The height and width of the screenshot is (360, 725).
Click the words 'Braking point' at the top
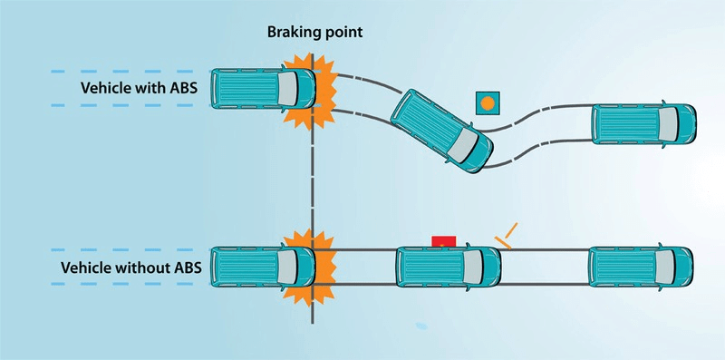pos(314,33)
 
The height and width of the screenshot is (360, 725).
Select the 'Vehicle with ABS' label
pos(139,88)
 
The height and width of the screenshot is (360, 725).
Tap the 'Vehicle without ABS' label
pos(130,268)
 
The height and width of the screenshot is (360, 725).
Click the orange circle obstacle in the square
pos(488,103)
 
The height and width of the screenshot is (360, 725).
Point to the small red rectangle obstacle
pos(443,241)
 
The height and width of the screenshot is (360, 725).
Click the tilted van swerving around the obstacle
pos(441,131)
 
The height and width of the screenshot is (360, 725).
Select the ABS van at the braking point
pos(263,89)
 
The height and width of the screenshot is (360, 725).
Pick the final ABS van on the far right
pos(644,124)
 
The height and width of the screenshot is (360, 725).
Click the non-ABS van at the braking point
pos(263,267)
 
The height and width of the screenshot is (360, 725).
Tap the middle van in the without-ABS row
pos(449,267)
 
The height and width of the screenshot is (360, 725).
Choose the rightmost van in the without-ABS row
pos(641,267)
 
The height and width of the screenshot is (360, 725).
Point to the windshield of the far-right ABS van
pos(669,124)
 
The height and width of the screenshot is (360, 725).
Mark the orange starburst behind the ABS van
pos(311,91)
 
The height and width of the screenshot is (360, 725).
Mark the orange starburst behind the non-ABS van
pos(310,268)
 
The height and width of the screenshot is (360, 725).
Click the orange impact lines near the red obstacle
pos(506,236)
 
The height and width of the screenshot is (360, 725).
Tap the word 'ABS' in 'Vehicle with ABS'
pos(183,88)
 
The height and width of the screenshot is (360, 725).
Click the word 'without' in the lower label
pos(147,268)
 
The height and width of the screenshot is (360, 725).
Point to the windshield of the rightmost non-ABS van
pos(665,267)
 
